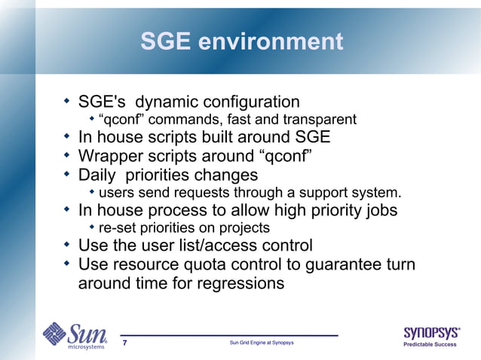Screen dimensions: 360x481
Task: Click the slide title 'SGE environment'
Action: click(x=241, y=41)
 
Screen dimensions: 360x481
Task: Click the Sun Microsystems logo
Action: click(x=74, y=336)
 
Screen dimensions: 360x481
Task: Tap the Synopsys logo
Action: click(x=432, y=332)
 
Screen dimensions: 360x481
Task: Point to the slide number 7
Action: click(x=124, y=344)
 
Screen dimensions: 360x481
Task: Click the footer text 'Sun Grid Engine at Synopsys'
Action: click(x=261, y=344)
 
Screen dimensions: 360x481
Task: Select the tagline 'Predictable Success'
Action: click(x=432, y=346)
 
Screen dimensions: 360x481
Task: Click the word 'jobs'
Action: click(x=379, y=210)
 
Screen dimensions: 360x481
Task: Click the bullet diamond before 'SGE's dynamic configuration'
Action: click(x=66, y=100)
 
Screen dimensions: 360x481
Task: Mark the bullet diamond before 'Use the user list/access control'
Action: click(x=66, y=244)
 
